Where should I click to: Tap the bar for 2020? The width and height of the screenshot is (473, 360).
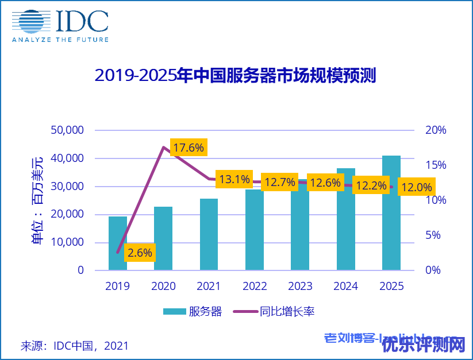point(163,238)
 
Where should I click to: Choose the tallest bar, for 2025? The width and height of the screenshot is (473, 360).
point(391,212)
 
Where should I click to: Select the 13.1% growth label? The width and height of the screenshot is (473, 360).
point(234,180)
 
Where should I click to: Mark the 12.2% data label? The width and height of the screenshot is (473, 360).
point(371,186)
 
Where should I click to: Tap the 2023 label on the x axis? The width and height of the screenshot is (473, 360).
point(300,286)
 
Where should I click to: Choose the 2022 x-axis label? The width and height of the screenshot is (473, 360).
point(255,286)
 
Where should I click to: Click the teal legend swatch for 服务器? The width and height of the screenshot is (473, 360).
point(174,312)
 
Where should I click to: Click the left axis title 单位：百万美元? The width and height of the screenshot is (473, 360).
point(37,200)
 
